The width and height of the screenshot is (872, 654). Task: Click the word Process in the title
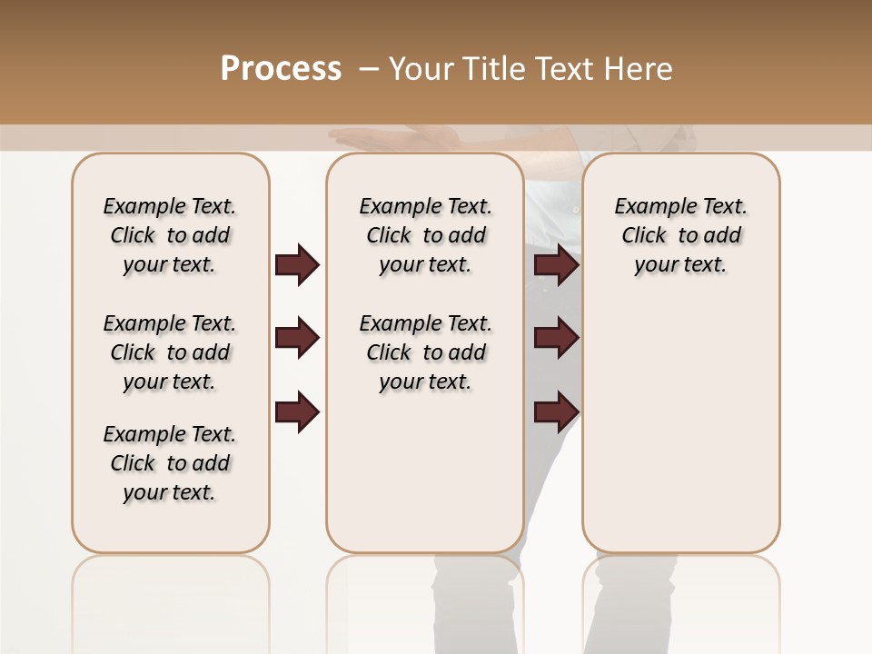281,69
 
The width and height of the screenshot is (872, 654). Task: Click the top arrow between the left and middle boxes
297,265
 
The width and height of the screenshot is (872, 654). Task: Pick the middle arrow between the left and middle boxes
297,339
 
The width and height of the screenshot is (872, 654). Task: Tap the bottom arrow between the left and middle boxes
297,412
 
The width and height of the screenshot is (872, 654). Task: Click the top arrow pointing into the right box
557,265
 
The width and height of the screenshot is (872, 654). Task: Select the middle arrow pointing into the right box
557,339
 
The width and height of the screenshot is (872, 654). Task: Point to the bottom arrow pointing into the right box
557,412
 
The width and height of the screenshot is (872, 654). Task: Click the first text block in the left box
170,235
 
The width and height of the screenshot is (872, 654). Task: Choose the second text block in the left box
170,352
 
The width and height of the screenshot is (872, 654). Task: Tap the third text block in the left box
170,463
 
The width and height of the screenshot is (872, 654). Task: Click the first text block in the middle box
425,235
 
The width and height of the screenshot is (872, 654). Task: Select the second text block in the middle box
425,352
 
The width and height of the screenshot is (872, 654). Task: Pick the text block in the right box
680,235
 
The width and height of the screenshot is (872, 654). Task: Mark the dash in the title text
368,69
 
